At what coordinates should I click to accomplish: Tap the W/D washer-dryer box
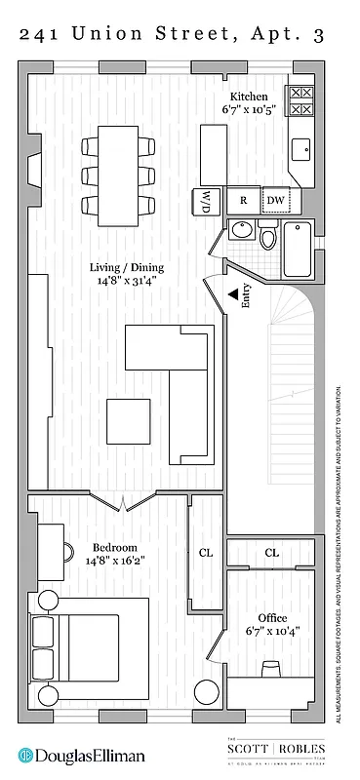(207, 201)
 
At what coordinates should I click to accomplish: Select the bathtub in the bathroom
(298, 250)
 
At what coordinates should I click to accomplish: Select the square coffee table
(129, 421)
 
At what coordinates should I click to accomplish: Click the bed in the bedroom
(76, 648)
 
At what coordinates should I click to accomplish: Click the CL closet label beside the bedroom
(206, 552)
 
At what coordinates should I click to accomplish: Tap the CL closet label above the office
(272, 553)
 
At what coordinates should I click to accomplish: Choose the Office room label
(272, 618)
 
